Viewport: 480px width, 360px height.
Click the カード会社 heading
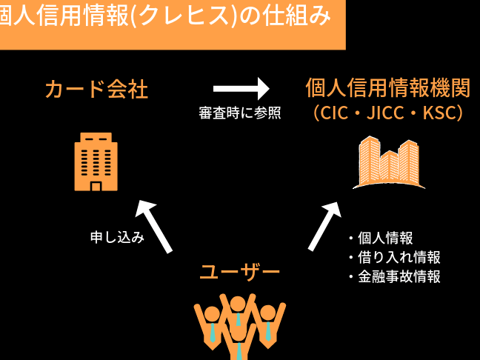pyautogui.click(x=96, y=90)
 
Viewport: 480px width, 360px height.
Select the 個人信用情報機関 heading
pyautogui.click(x=387, y=88)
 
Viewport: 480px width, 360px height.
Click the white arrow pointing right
pyautogui.click(x=241, y=89)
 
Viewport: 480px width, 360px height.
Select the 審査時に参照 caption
pyautogui.click(x=239, y=114)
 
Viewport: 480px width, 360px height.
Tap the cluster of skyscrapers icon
pyautogui.click(x=387, y=162)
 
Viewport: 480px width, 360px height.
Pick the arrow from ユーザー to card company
pyautogui.click(x=155, y=227)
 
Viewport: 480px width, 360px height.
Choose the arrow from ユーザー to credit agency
pyautogui.click(x=325, y=226)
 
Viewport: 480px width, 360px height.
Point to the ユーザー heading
pyautogui.click(x=240, y=272)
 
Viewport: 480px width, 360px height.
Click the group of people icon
pyautogui.click(x=239, y=325)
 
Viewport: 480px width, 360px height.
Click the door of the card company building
pyautogui.click(x=96, y=185)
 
